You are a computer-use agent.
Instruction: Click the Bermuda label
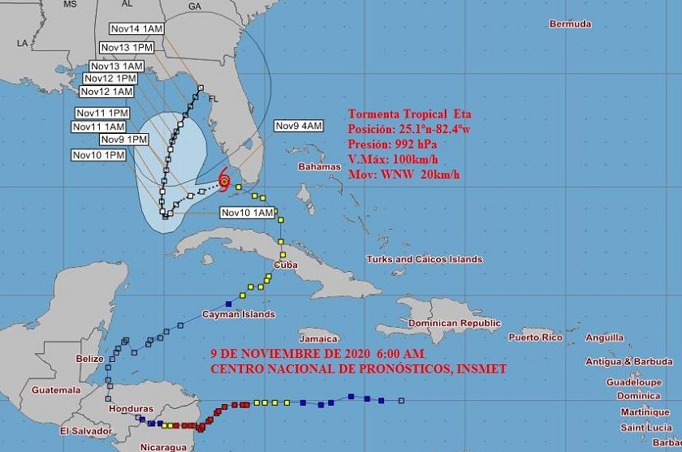click(x=570, y=24)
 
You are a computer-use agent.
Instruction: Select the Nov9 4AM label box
click(x=299, y=125)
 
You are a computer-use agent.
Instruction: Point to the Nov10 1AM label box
click(x=247, y=213)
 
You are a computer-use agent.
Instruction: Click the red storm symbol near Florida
click(x=224, y=183)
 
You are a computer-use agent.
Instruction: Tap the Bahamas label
click(x=320, y=167)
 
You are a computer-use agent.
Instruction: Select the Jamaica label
click(x=317, y=338)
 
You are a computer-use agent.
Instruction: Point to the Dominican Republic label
click(x=454, y=323)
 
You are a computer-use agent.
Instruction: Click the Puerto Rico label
click(x=536, y=336)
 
